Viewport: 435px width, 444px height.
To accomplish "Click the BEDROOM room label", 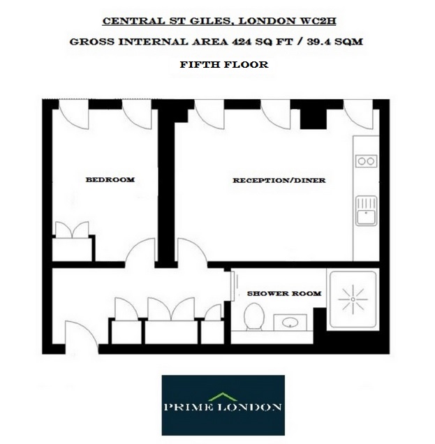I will [110, 180].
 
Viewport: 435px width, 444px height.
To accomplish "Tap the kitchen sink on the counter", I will [365, 209].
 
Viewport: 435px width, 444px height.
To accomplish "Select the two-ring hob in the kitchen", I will [365, 161].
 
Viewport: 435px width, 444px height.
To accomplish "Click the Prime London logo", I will [223, 406].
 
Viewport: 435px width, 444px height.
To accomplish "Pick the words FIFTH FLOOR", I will [223, 65].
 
